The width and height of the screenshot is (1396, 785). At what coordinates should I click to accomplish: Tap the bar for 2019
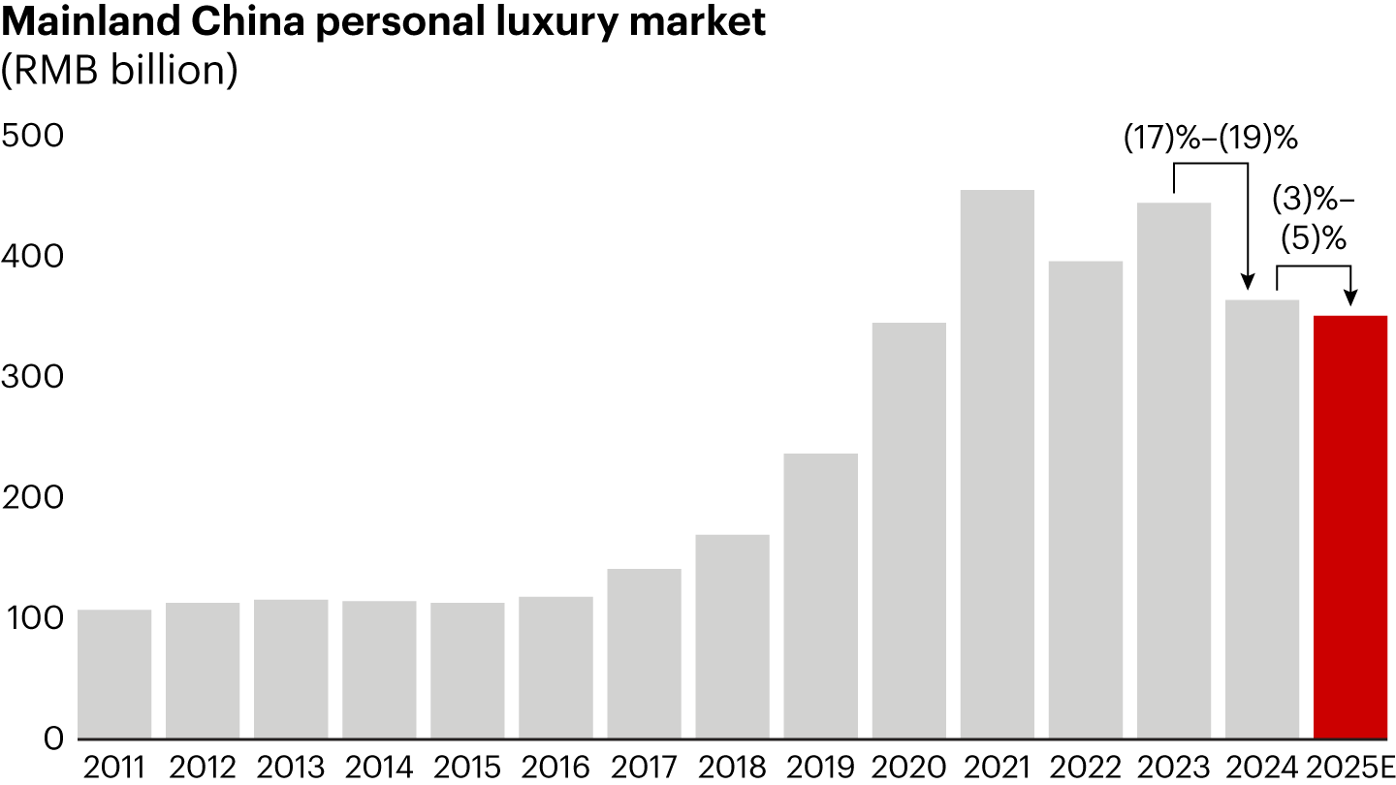tap(821, 595)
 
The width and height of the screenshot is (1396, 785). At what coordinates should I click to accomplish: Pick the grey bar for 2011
tap(114, 674)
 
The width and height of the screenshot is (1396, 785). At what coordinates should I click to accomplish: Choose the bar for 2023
tap(1174, 470)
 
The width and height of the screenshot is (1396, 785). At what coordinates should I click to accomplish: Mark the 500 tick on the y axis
tap(32, 136)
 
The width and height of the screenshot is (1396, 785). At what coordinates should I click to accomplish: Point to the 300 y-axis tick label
tap(32, 376)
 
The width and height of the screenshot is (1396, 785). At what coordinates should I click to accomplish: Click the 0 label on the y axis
tap(52, 738)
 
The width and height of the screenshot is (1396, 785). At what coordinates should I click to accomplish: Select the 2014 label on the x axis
tap(379, 767)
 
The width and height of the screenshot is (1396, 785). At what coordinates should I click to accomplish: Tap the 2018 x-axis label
tap(732, 767)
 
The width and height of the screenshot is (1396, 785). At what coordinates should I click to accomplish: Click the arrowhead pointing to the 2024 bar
tap(1248, 284)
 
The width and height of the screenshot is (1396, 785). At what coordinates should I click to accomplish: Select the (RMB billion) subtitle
tap(119, 71)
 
